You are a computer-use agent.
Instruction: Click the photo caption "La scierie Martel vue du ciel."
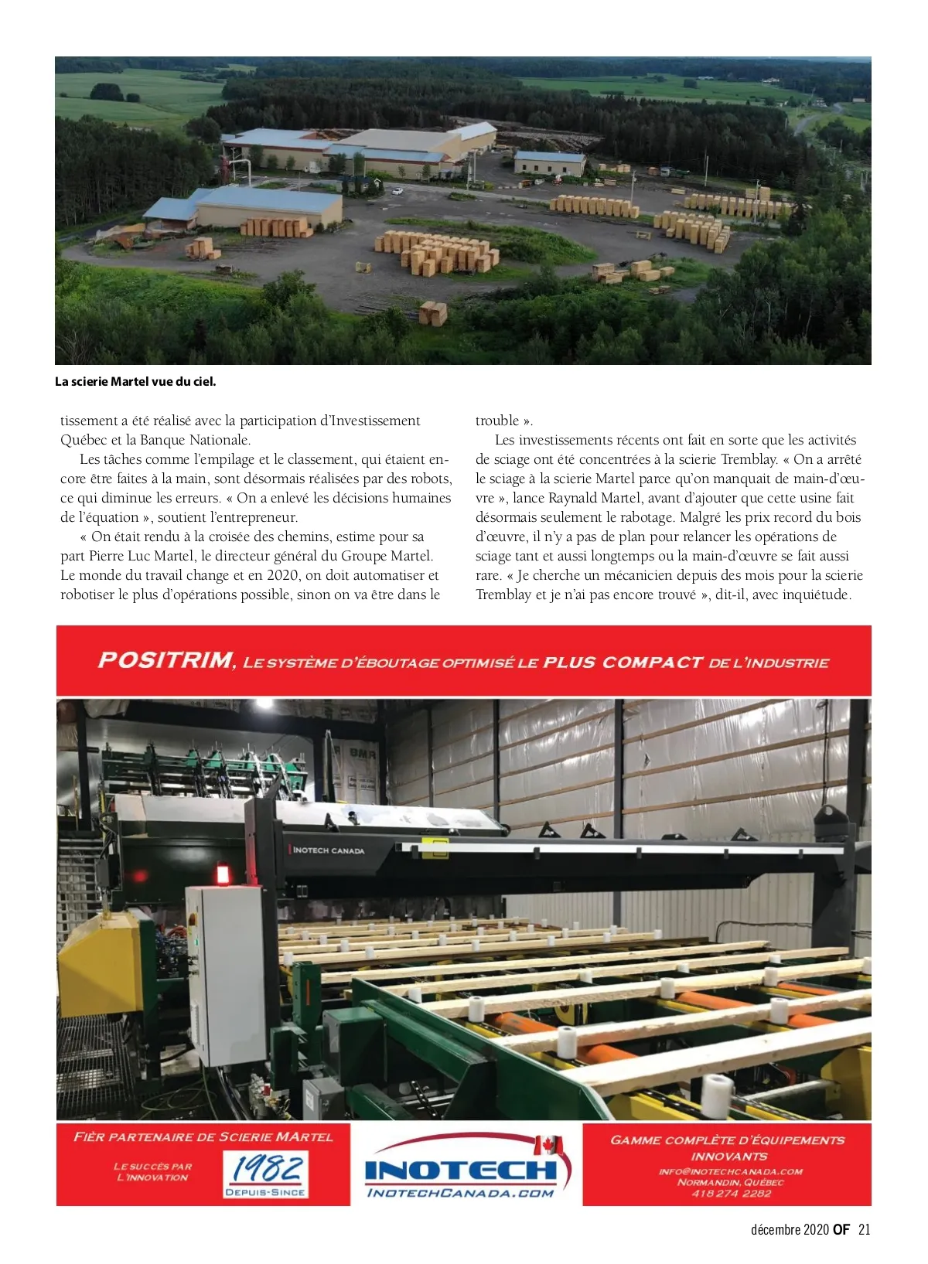tap(135, 382)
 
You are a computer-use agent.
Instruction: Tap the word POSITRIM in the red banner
tap(165, 660)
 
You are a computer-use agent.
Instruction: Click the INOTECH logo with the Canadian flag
tap(467, 1168)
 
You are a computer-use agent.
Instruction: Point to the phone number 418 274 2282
tap(731, 1194)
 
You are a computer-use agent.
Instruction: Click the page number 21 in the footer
tap(864, 1230)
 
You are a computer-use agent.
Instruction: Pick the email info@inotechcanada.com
tap(731, 1171)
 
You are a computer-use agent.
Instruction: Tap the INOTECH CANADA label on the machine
tap(329, 850)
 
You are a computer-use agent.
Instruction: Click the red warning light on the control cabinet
tap(223, 874)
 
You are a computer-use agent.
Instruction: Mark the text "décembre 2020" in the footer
tap(790, 1230)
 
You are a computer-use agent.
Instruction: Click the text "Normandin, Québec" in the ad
tap(731, 1182)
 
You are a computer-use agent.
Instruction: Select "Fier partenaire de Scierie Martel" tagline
tap(203, 1137)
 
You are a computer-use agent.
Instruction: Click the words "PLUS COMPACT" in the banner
tap(623, 663)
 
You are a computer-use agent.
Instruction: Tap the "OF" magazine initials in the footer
tap(841, 1230)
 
